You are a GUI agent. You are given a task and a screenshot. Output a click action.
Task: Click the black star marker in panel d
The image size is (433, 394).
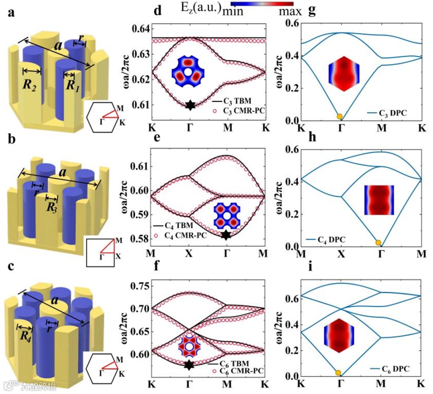(190, 106)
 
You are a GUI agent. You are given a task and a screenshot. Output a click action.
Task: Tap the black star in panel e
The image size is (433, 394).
(227, 235)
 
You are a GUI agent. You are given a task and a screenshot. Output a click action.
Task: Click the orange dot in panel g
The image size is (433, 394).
(340, 116)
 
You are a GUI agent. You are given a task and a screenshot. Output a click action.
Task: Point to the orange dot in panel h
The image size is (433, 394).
(378, 243)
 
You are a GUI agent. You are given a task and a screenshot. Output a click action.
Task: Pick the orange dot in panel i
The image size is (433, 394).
(338, 373)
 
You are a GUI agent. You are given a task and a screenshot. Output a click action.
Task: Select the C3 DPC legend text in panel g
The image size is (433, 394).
(392, 114)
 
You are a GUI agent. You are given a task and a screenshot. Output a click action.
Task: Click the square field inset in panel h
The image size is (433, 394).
(379, 200)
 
